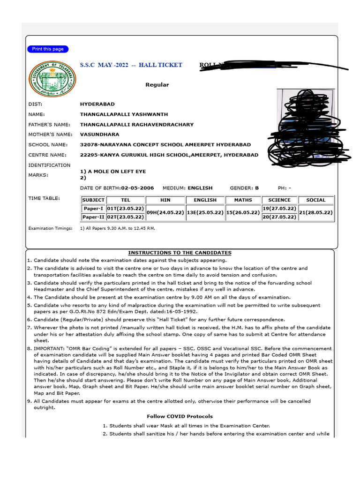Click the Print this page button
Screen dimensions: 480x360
pos(48,49)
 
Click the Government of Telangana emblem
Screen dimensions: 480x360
pos(47,80)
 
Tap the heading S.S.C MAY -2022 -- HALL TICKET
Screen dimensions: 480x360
pos(131,65)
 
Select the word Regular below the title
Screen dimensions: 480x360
pos(157,85)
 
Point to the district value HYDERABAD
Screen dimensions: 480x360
pos(97,104)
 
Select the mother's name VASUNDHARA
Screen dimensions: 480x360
pos(99,135)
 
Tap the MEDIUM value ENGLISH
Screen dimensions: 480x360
pos(200,188)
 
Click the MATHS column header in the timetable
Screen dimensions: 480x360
pos(243,200)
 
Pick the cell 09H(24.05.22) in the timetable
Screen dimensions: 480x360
pos(165,212)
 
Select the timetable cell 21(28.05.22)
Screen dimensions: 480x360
pos(315,212)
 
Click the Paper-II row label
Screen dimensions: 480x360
pos(93,217)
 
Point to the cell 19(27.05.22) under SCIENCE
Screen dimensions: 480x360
pos(279,208)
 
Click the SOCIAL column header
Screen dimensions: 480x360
pos(315,200)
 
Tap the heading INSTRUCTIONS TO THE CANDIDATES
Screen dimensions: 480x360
pos(180,253)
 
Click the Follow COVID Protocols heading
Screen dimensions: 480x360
pos(180,416)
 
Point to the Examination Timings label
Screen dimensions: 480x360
pos(51,228)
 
